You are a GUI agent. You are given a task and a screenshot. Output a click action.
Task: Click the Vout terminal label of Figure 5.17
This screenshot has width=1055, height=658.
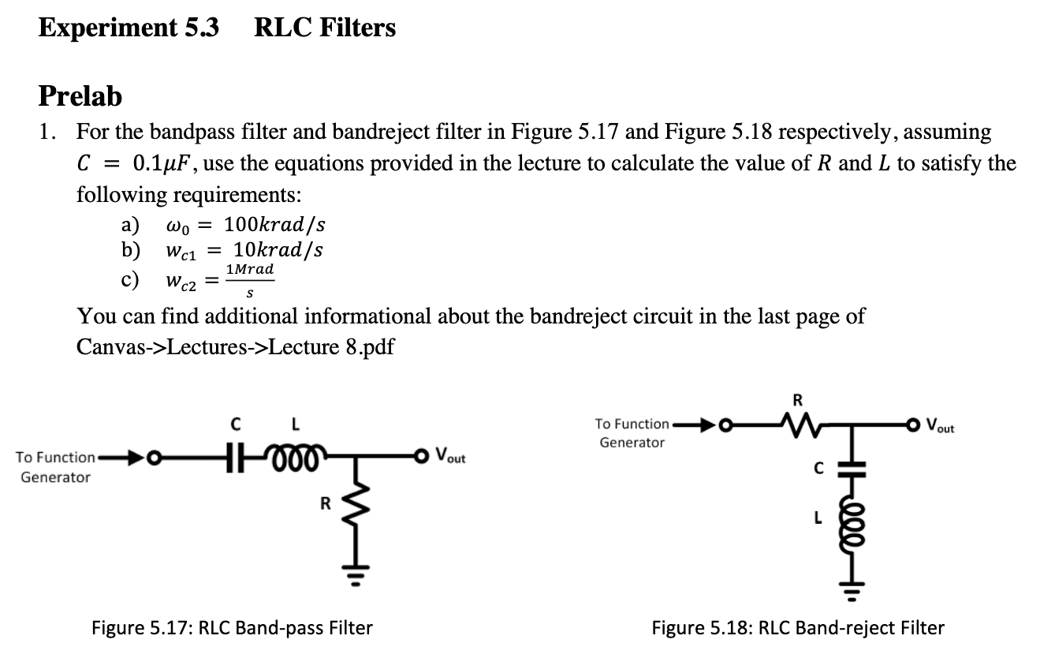pyautogui.click(x=450, y=456)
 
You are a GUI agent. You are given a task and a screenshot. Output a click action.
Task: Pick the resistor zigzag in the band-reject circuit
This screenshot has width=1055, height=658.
pyautogui.click(x=798, y=427)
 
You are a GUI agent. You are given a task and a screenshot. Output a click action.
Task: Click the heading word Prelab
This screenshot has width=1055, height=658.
pyautogui.click(x=80, y=96)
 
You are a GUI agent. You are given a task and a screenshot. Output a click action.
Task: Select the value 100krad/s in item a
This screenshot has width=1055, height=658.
pyautogui.click(x=274, y=224)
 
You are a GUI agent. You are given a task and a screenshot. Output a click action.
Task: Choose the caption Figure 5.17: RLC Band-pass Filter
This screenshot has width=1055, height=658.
pyautogui.click(x=232, y=628)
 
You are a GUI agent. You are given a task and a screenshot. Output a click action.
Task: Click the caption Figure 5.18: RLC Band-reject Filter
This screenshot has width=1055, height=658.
pyautogui.click(x=797, y=628)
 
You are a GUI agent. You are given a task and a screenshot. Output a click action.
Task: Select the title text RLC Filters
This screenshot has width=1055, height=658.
pyautogui.click(x=325, y=28)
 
